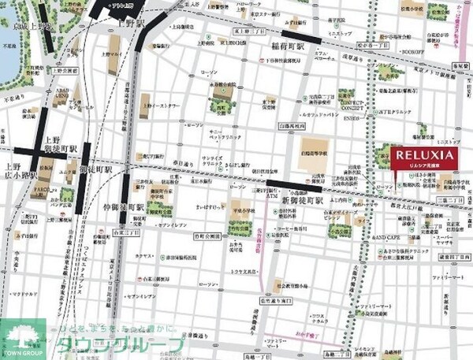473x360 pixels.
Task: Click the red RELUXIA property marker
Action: click(x=423, y=158)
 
